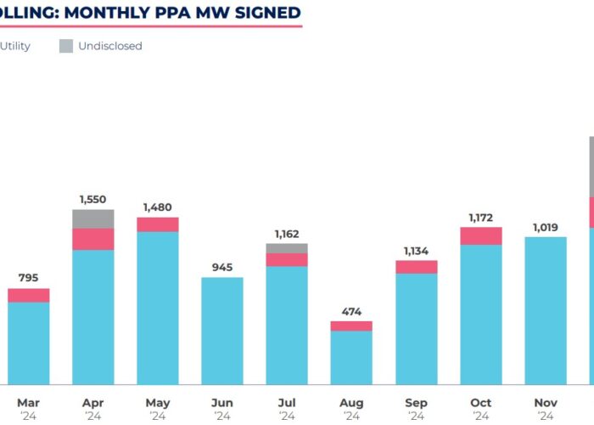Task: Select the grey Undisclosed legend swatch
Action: point(66,46)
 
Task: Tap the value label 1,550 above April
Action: point(92,199)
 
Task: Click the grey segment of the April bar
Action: point(92,218)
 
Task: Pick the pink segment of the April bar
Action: point(92,239)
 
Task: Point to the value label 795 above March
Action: point(28,277)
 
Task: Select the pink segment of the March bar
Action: point(28,295)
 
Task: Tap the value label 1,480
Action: point(157,207)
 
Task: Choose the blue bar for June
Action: point(222,331)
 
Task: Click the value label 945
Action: point(222,267)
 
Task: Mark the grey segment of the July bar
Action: point(287,248)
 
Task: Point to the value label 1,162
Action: point(287,234)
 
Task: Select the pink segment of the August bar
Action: point(351,326)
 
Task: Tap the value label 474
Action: point(351,311)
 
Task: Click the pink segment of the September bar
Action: point(416,267)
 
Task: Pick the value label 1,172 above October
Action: point(480,218)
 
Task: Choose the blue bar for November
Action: point(545,310)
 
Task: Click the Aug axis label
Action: point(351,403)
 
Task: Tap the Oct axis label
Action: point(480,403)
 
